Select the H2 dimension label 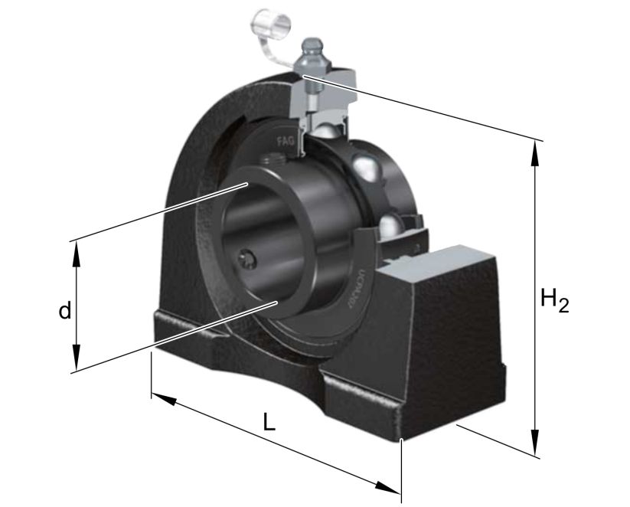(x=554, y=299)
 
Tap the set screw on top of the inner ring (x=270, y=161)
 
